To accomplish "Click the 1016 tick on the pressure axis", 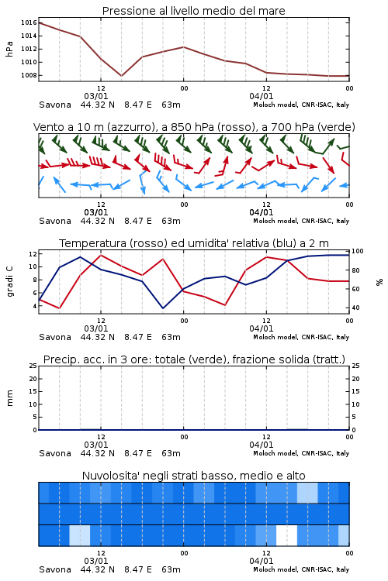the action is pos(29,22).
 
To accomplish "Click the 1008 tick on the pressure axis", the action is pos(29,75).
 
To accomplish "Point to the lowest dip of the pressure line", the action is pos(121,76).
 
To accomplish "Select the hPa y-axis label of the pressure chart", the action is pos(9,49).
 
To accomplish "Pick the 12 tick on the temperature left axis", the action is pos(33,254).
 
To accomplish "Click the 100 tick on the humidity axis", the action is pos(358,251).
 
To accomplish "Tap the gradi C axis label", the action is pos(9,282).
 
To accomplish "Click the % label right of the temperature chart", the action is pos(379,282).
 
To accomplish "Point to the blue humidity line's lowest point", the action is pos(163,308).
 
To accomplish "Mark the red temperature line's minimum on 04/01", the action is pos(225,305).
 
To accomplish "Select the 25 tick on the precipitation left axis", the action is pos(33,366).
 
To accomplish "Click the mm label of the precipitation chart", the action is pos(9,398).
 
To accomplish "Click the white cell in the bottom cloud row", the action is pos(286,535).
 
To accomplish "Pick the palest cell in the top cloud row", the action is pos(307,493).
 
